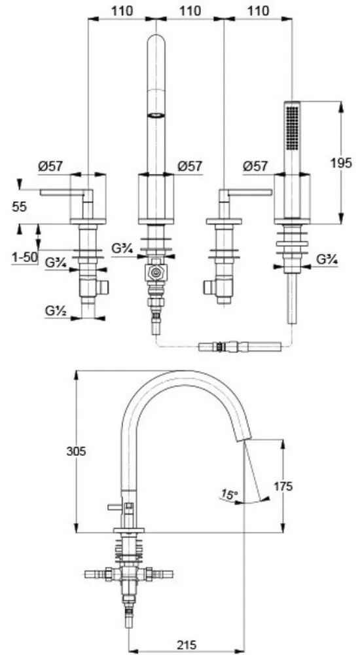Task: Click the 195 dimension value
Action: point(341,162)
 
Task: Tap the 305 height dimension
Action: point(77,451)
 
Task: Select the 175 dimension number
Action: point(283,486)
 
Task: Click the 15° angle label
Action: point(230,495)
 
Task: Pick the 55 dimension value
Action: point(19,206)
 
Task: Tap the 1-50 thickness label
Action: point(24,257)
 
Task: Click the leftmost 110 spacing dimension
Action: point(122,11)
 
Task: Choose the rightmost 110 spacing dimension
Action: point(258,11)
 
